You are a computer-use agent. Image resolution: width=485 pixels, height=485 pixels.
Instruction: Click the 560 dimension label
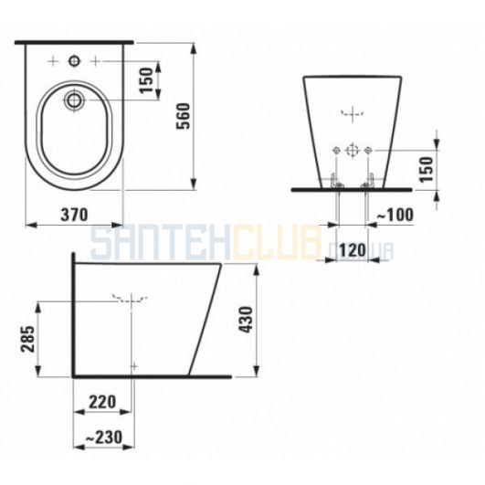[x=183, y=116]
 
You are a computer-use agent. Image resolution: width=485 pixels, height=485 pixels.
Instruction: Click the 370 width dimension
[x=74, y=215]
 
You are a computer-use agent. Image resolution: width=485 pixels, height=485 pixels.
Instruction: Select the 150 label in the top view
[x=147, y=80]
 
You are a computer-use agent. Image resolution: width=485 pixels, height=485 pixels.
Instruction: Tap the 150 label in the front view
[x=426, y=170]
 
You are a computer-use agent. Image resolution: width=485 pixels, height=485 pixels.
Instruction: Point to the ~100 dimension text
[x=395, y=215]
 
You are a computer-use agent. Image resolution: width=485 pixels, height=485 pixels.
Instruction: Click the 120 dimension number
[x=353, y=250]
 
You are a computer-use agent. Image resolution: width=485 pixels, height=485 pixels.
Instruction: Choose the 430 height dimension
[x=247, y=320]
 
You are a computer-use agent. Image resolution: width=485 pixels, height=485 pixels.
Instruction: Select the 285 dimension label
[x=27, y=339]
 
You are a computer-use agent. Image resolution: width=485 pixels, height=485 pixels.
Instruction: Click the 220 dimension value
[x=102, y=402]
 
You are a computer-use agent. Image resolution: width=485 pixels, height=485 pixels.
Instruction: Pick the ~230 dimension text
[x=104, y=438]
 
